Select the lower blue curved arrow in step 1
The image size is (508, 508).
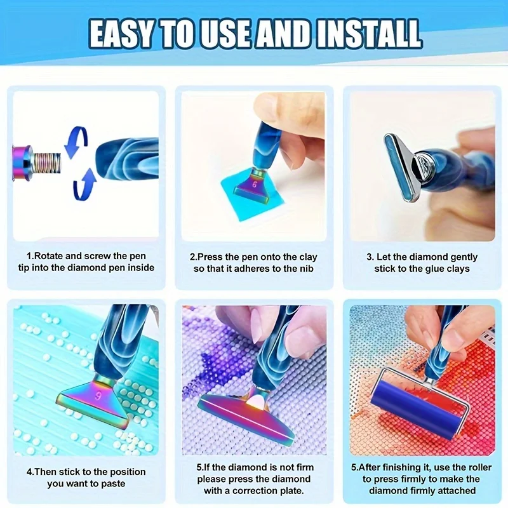coord(85,185)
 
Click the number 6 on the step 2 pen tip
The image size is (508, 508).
coord(255,185)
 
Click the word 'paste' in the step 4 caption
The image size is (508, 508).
coord(114,484)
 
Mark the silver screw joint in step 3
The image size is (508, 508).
coord(422,161)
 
